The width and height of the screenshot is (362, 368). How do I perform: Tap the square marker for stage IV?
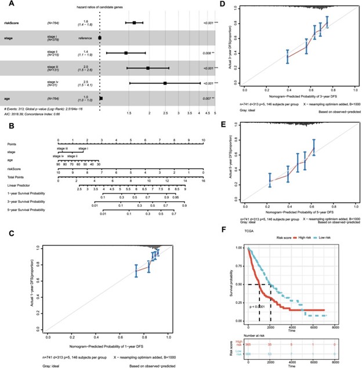[165, 83]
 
